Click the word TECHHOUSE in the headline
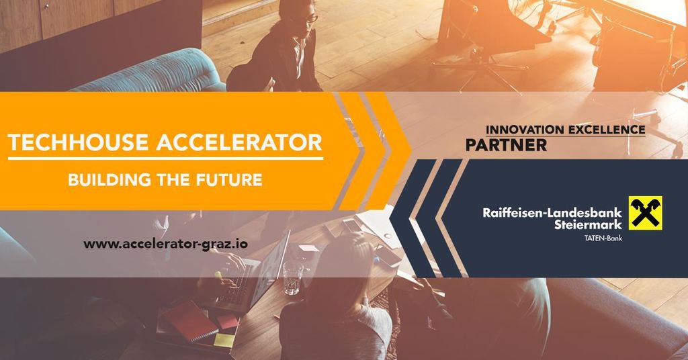pos(79,142)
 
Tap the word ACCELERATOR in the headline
pos(240,142)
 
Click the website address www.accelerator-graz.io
pos(165,244)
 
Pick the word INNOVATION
pos(525,130)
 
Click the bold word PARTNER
pos(506,145)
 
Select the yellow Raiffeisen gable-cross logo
pos(645,213)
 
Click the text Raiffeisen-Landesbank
pos(552,213)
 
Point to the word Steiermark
pos(588,224)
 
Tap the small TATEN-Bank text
pos(603,238)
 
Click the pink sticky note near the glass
pos(308,249)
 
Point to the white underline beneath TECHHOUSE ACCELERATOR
pos(165,158)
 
